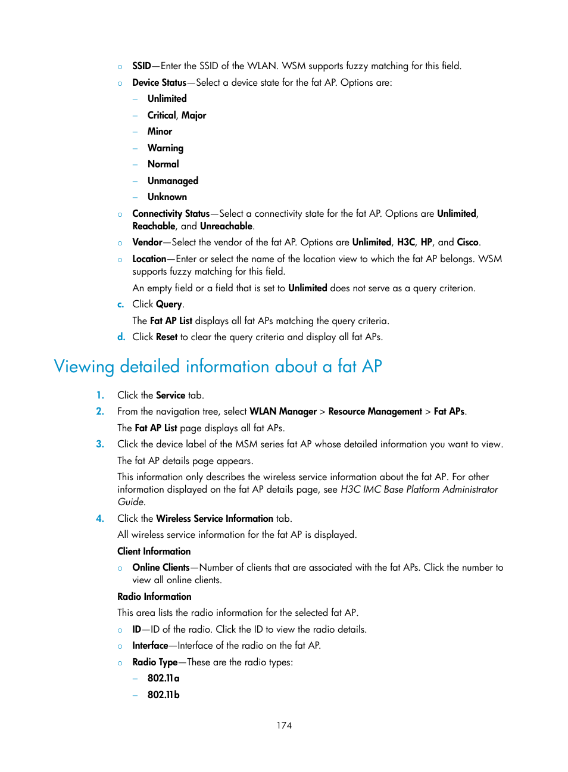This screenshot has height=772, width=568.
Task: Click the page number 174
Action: point(284,725)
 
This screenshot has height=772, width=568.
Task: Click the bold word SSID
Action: point(141,66)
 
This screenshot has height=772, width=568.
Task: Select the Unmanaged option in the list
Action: point(173,180)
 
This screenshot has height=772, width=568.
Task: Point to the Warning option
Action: point(165,148)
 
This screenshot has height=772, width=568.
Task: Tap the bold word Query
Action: point(169,304)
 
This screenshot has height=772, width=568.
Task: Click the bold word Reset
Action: point(167,337)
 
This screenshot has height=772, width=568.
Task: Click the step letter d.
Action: point(121,337)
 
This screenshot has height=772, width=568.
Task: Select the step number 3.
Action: point(100,444)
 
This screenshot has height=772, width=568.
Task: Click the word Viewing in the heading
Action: point(83,366)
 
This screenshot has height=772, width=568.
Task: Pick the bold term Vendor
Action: point(147,242)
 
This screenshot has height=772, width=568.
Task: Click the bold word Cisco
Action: point(467,242)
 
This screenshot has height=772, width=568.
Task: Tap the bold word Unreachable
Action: point(226,226)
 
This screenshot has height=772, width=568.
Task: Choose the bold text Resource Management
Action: point(375,412)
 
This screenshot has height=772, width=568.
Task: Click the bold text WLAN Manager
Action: point(283,412)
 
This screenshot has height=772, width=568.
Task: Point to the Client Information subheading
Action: point(154,552)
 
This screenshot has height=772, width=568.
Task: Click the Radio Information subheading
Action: point(154,597)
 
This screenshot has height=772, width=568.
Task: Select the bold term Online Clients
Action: point(161,568)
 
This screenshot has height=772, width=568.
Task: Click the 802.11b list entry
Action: point(163,695)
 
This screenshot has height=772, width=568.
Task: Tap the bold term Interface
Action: point(150,646)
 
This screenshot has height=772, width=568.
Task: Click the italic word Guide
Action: point(130,502)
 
